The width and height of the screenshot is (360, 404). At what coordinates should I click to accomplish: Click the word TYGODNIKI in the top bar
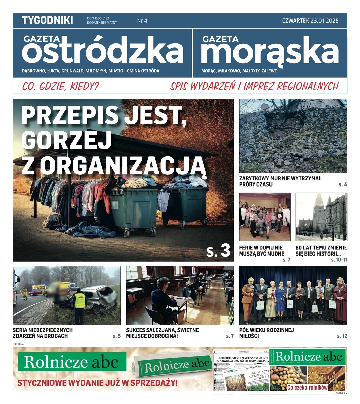(47, 20)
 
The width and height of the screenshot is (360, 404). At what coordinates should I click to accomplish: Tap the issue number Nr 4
(142, 21)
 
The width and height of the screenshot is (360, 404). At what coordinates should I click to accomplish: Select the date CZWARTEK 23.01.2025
(310, 21)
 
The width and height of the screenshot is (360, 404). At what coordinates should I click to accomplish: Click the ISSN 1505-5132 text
(98, 18)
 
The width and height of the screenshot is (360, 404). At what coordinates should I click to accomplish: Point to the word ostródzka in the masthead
(103, 52)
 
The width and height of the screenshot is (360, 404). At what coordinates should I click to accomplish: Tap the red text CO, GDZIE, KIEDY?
(61, 86)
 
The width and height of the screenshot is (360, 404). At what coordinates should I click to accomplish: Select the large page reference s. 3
(218, 250)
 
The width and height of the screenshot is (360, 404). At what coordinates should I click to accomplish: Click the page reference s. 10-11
(339, 260)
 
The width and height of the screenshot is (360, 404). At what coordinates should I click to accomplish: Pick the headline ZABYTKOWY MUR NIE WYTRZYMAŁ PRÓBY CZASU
(280, 181)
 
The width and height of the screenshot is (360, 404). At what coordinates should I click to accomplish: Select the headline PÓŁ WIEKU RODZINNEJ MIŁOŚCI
(266, 333)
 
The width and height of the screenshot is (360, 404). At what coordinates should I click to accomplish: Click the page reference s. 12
(342, 336)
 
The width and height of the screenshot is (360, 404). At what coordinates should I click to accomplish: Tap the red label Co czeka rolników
(307, 388)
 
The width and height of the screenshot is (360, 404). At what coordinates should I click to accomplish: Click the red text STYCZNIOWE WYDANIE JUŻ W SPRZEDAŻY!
(98, 383)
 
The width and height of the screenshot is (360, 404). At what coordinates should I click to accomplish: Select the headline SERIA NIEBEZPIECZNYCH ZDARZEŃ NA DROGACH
(43, 333)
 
